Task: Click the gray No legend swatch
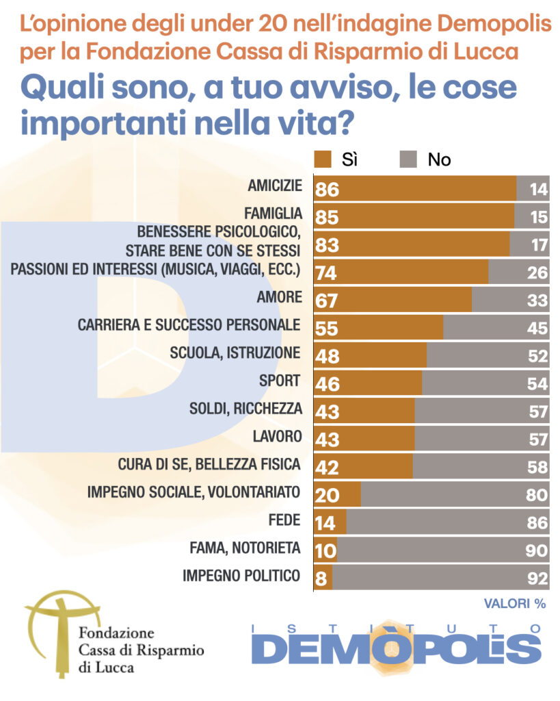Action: tap(408, 160)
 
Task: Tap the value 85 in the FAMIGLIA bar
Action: tap(328, 217)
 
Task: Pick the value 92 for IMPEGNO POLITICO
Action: tap(538, 578)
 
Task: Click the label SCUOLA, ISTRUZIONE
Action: tap(235, 353)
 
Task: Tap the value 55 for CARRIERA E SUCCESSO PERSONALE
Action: tap(328, 328)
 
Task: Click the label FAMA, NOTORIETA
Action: tap(245, 548)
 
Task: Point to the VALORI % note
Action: tap(515, 604)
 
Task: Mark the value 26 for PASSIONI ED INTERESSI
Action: tap(538, 272)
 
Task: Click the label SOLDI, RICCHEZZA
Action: tap(245, 409)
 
